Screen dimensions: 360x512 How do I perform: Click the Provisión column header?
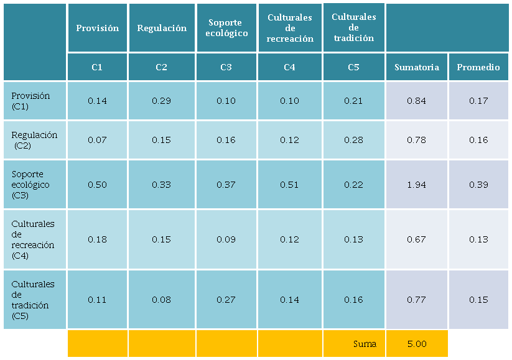(97, 28)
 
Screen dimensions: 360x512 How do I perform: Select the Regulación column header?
(162, 28)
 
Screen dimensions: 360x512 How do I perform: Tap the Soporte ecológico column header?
(226, 28)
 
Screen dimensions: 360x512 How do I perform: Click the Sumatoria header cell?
(416, 67)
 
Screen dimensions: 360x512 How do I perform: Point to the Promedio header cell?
(478, 67)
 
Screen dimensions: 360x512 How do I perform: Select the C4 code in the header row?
(289, 67)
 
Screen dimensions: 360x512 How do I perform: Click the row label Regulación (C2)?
(34, 140)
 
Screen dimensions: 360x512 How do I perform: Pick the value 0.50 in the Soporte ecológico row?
(97, 185)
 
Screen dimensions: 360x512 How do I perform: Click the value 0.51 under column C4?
(289, 185)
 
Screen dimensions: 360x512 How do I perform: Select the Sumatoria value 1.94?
(416, 185)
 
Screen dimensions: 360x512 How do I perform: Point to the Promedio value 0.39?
(478, 185)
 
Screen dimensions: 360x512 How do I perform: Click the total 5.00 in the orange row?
(416, 344)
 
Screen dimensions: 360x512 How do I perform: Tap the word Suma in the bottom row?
(365, 344)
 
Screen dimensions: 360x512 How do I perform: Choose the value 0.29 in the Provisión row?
(162, 101)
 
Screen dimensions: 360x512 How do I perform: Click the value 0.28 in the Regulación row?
(353, 140)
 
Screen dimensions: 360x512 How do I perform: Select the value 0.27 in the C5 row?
(226, 300)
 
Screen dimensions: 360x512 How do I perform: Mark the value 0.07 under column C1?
(97, 140)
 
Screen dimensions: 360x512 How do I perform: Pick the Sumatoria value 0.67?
(416, 239)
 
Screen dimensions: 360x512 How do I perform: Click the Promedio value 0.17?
(478, 101)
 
